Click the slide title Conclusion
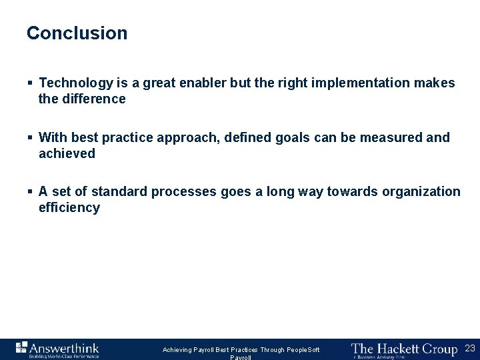click(x=77, y=33)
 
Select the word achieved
click(x=67, y=154)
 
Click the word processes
click(x=184, y=192)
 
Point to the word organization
click(x=421, y=192)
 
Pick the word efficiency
click(x=69, y=208)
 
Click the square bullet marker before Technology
click(x=30, y=83)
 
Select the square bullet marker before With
click(x=30, y=138)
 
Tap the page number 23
click(x=469, y=348)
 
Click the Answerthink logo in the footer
click(x=57, y=349)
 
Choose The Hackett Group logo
click(x=404, y=349)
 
